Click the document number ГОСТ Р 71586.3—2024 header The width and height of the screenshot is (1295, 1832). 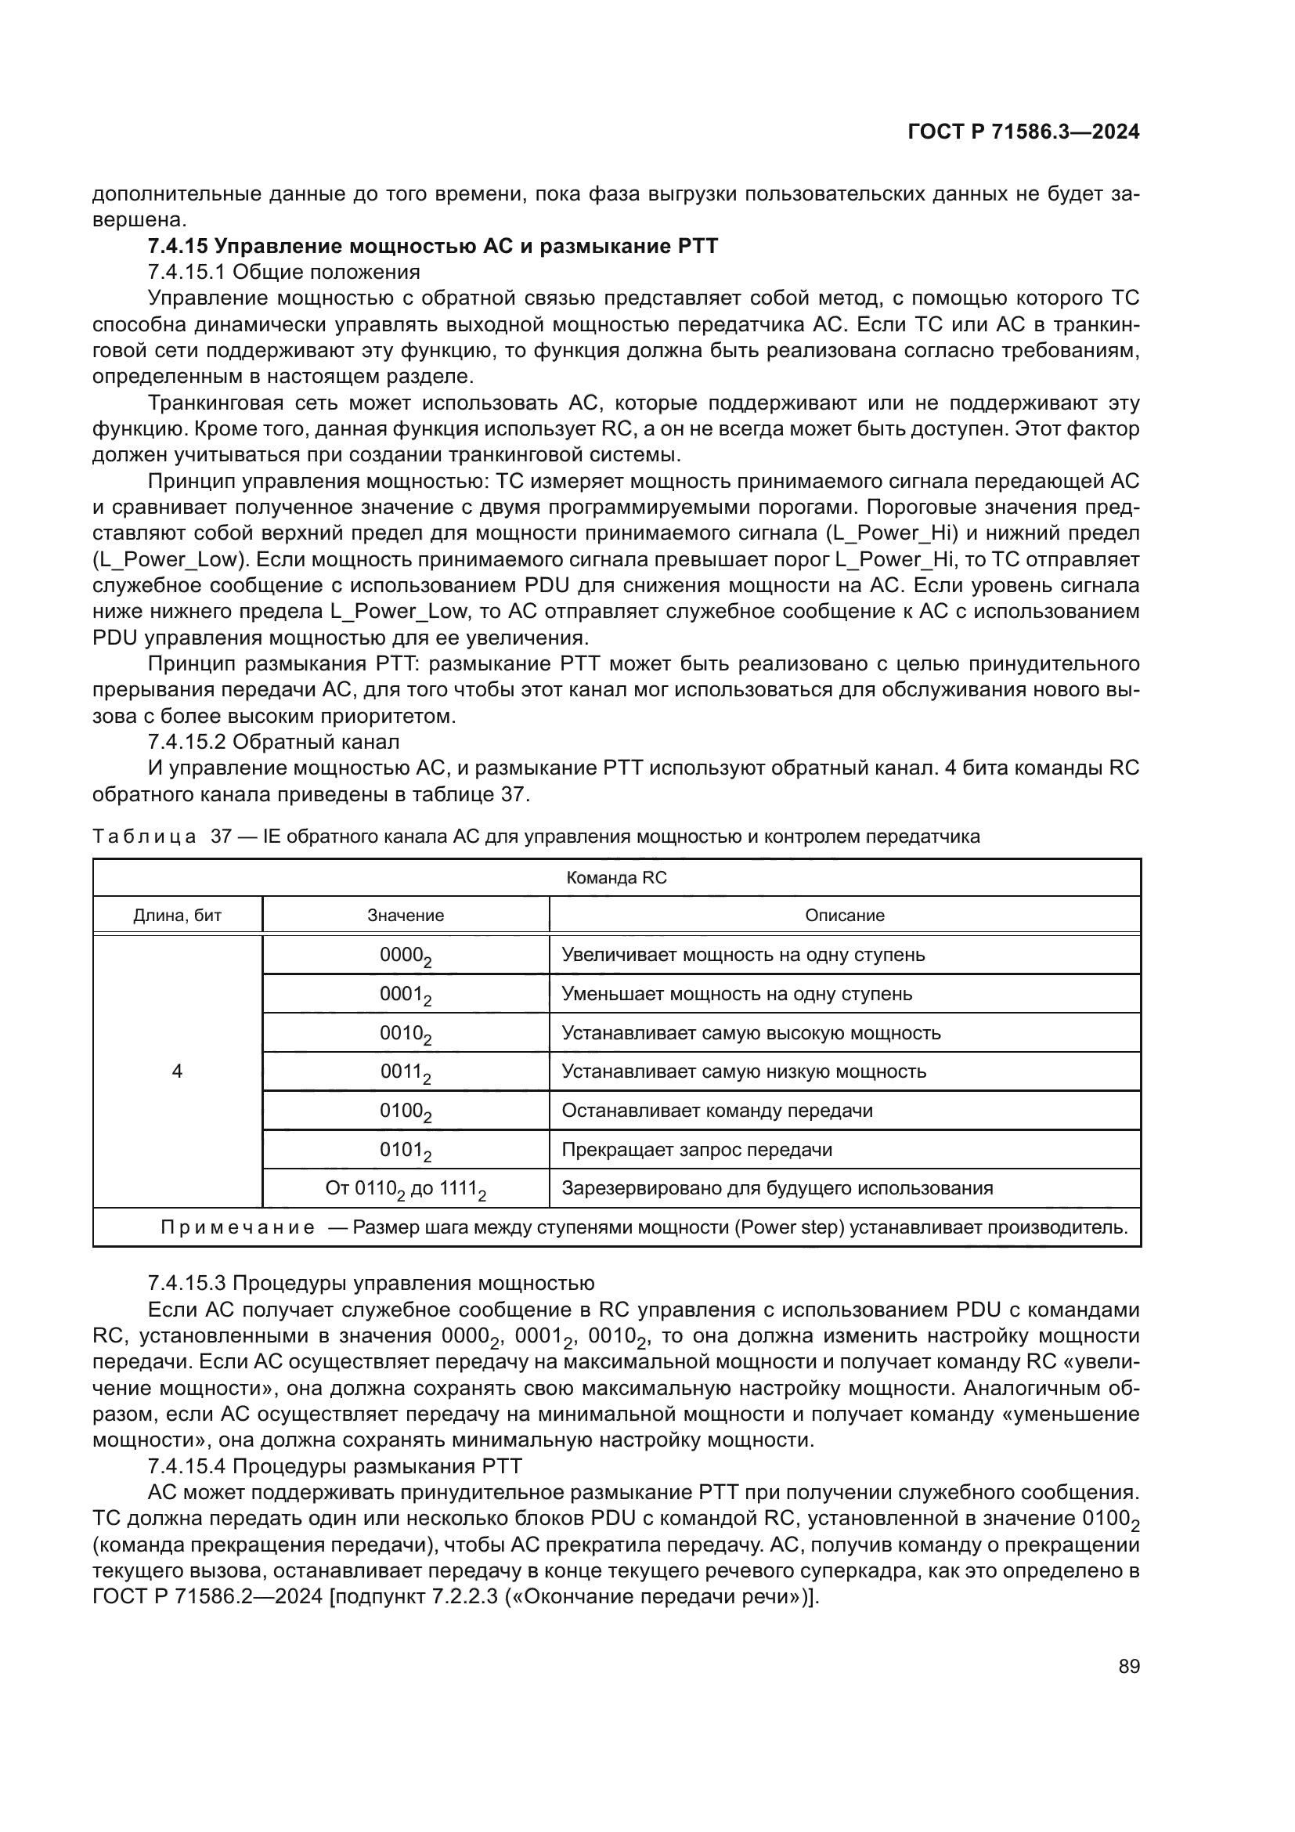point(1023,132)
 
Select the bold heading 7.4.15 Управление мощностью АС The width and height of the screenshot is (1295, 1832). point(432,246)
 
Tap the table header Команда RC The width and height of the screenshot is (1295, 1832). point(615,878)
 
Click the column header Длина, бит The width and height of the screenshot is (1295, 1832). point(177,915)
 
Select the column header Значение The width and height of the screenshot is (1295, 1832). point(405,915)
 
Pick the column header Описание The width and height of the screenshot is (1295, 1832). point(845,915)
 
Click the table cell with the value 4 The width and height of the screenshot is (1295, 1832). point(177,1071)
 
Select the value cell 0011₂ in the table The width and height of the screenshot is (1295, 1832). point(405,1072)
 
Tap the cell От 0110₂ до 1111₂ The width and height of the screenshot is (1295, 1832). point(405,1189)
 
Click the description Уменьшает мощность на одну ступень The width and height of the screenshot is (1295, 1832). point(737,994)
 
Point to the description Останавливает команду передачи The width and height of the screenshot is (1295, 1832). point(717,1111)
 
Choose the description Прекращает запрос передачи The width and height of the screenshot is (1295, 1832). point(697,1150)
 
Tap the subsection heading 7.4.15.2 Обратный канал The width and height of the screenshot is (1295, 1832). point(273,741)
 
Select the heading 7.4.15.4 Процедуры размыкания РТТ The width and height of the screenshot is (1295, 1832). point(335,1465)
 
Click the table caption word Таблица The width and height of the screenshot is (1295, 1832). point(143,837)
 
